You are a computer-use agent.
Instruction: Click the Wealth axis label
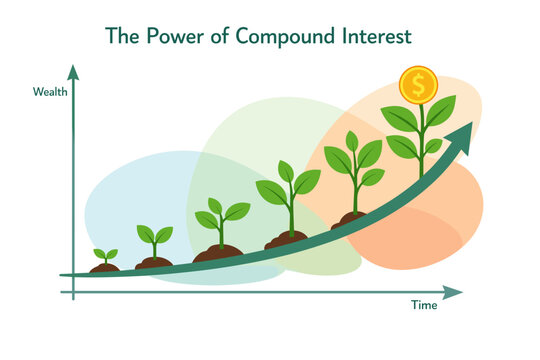[50, 92]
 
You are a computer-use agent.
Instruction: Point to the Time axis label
[424, 305]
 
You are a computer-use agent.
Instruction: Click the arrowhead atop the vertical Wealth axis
[73, 72]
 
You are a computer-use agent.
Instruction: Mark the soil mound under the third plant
[217, 252]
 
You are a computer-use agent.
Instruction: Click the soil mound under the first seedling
[104, 268]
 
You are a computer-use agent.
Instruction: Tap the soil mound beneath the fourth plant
[286, 239]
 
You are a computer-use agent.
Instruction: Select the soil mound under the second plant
[154, 263]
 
